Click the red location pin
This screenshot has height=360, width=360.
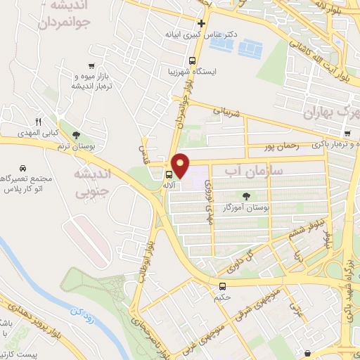click(181, 165)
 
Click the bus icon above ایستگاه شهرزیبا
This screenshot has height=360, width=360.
click(192, 60)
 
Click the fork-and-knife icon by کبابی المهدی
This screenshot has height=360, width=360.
click(39, 122)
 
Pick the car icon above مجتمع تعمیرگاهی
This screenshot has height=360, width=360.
click(24, 169)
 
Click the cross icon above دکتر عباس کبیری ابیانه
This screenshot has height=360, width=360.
click(201, 23)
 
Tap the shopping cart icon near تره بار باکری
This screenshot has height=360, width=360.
click(347, 134)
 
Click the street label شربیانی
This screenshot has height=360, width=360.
click(226, 110)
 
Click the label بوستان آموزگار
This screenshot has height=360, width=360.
click(247, 208)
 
